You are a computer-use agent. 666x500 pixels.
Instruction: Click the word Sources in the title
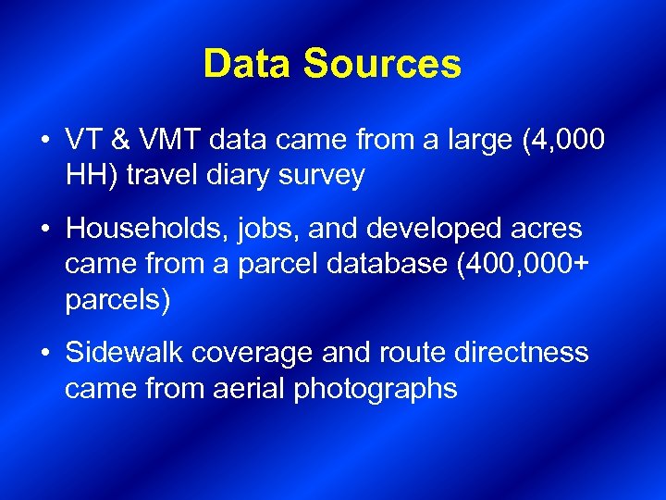coord(381,64)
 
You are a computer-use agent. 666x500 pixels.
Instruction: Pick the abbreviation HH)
coord(90,176)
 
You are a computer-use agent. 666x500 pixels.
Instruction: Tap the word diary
coord(237,176)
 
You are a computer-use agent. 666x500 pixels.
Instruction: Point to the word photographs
coord(376,388)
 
